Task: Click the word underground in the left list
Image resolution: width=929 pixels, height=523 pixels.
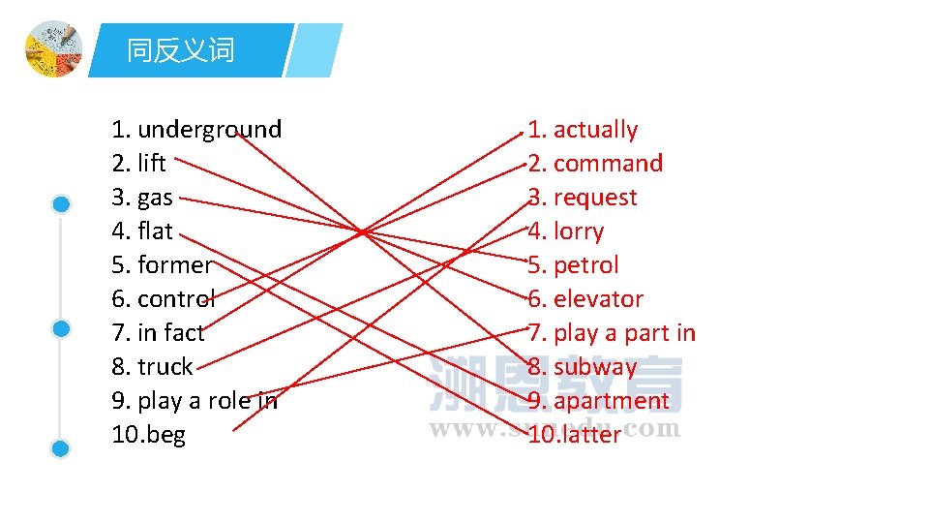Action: coord(209,130)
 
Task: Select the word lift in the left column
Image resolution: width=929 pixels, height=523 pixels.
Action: coord(152,164)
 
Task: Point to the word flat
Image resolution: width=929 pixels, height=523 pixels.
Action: coord(155,231)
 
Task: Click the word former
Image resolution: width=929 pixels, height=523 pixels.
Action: coord(174,265)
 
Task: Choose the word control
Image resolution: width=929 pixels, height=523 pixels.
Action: coord(176,299)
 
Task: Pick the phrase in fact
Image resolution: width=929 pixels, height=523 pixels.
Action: coord(171,333)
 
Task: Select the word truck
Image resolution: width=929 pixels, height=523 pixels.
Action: coord(165,367)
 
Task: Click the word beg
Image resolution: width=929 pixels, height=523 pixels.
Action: coord(165,435)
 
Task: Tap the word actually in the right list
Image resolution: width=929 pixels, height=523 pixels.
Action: coord(595,130)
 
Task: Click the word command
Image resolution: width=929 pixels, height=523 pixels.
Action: coord(608,164)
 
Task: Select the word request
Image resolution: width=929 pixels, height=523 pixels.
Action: coord(595,198)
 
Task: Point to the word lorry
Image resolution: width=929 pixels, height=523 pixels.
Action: coord(579,231)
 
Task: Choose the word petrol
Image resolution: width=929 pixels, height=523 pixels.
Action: coord(585,265)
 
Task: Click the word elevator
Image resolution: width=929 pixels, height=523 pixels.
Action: coord(598,299)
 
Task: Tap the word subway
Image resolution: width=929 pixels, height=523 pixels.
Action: coord(595,367)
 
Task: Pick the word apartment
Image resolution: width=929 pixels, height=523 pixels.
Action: coord(611,401)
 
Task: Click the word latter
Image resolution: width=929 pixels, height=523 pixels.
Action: coord(586,435)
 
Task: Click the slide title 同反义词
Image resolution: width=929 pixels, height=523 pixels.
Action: coord(181,50)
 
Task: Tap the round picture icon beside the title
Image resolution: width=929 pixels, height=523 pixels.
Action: coord(53,48)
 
